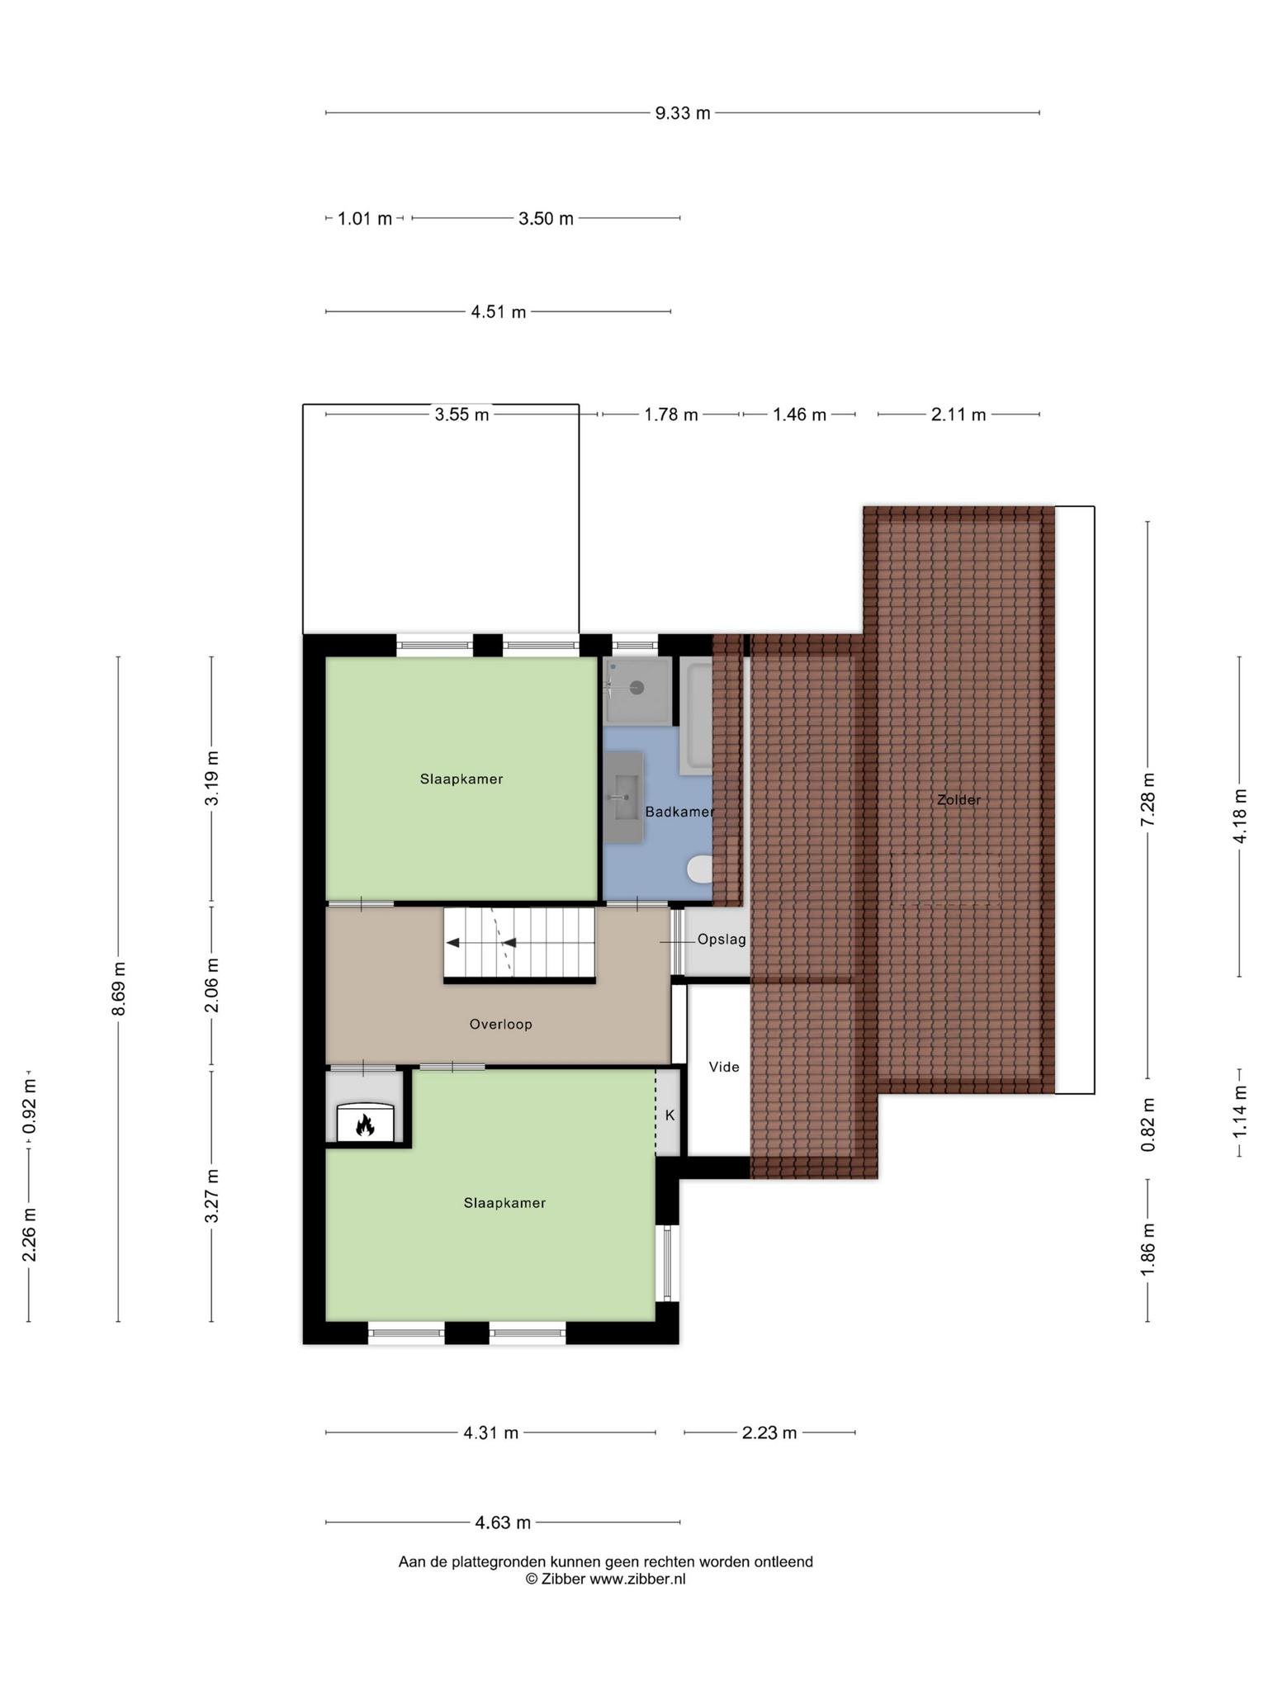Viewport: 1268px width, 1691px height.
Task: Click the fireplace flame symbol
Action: coord(365,1125)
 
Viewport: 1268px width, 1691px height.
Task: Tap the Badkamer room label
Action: coord(679,812)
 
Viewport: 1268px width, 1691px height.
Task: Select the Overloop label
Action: coord(500,1024)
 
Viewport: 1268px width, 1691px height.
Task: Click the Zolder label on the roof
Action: coord(958,799)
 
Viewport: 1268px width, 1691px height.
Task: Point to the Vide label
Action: coord(724,1067)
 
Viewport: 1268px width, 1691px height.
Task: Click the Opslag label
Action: coord(722,939)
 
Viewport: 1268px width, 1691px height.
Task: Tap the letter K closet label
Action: coord(669,1115)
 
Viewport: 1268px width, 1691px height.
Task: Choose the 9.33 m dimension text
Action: coord(683,113)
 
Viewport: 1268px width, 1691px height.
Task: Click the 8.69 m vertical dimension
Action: coord(119,989)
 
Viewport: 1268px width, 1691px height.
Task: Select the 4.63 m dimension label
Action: coord(503,1522)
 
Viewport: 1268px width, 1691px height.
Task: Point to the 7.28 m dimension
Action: coord(1147,798)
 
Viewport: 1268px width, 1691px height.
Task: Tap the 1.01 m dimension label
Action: coord(365,219)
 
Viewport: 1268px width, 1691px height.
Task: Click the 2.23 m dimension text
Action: coord(769,1433)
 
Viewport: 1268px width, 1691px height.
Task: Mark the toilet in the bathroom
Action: coord(700,869)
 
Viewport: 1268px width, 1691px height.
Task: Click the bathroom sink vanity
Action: coord(623,797)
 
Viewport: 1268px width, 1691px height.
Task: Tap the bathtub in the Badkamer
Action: coord(696,716)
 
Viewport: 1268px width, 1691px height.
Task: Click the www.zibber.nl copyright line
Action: coord(606,1579)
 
